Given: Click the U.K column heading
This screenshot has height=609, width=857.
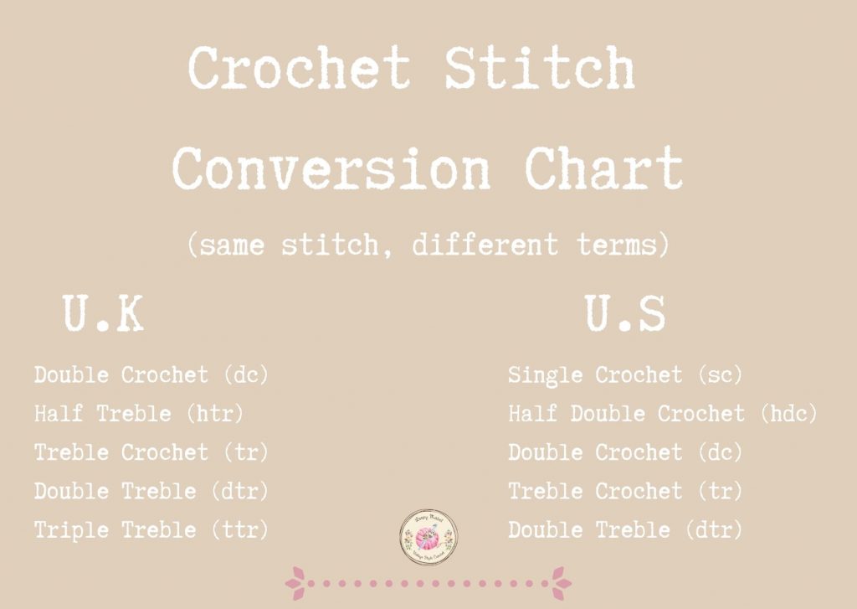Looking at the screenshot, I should pyautogui.click(x=103, y=315).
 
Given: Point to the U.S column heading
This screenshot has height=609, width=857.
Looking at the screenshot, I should pyautogui.click(x=625, y=315).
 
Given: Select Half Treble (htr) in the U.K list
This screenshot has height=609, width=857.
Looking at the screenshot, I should pyautogui.click(x=139, y=413).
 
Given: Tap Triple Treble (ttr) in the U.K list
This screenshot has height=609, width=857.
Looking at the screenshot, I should pyautogui.click(x=151, y=529).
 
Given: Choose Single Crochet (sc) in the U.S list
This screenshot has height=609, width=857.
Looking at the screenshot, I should pyautogui.click(x=625, y=374).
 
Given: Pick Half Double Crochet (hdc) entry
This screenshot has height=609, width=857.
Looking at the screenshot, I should pyautogui.click(x=662, y=413).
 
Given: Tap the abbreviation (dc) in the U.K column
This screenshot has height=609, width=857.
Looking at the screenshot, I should pyautogui.click(x=247, y=374).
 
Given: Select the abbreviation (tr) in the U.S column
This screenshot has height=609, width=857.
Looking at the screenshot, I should pyautogui.click(x=721, y=491).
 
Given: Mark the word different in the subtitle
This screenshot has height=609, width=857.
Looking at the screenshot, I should pyautogui.click(x=485, y=245).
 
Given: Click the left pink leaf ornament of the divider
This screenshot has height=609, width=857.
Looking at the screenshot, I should pyautogui.click(x=295, y=582).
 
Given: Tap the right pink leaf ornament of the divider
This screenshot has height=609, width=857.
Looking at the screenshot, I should pyautogui.click(x=561, y=582).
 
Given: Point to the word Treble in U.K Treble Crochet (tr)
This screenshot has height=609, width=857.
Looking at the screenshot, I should pyautogui.click(x=74, y=452).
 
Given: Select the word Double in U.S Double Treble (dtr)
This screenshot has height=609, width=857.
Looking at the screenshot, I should pyautogui.click(x=547, y=529).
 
